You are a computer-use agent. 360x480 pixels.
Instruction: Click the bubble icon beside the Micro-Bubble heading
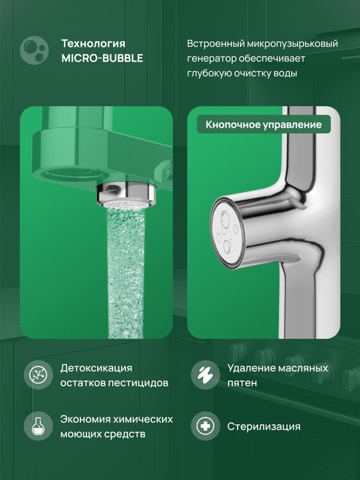[34, 51]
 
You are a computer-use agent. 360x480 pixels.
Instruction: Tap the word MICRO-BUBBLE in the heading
[101, 58]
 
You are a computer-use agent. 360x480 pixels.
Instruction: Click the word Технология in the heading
[94, 44]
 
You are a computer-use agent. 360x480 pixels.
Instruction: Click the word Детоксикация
[96, 368]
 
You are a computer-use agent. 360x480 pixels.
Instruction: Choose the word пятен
[242, 382]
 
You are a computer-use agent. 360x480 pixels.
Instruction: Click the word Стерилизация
[263, 427]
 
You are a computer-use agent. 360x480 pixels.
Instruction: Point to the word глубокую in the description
[211, 73]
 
